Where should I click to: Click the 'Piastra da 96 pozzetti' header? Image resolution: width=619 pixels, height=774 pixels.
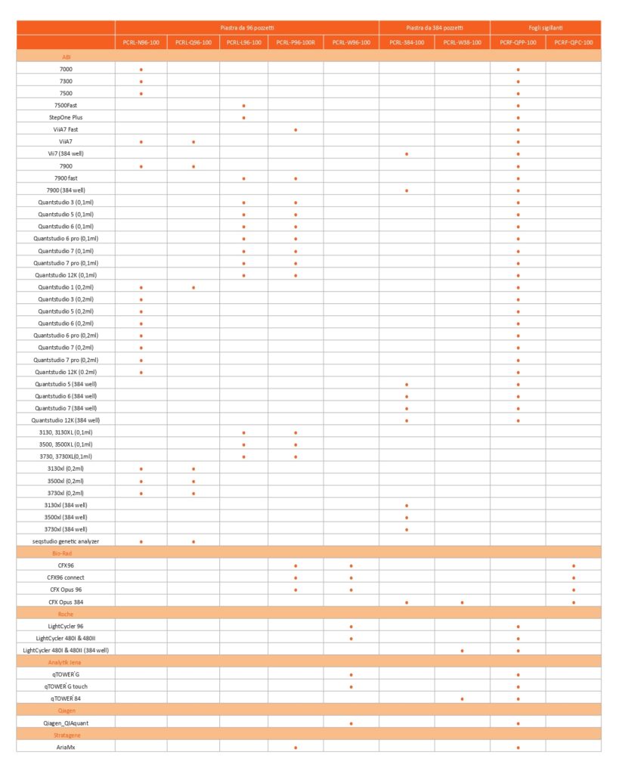coord(247,27)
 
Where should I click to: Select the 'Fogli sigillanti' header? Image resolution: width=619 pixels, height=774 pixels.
coord(546,27)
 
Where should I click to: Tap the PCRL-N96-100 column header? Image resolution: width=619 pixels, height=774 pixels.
coord(141,42)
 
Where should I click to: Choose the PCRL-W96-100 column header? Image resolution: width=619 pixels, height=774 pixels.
coord(351,42)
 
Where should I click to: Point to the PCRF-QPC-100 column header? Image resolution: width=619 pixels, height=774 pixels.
coord(573,42)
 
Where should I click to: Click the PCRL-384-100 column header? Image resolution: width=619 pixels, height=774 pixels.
coord(407,42)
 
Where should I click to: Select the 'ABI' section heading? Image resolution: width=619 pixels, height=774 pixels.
coord(66,57)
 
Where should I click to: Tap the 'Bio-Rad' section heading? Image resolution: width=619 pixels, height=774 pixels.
coord(66,553)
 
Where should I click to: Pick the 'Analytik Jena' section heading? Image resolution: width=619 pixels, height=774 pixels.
coord(66,662)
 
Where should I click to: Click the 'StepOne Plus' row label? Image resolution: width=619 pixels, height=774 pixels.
coord(66,117)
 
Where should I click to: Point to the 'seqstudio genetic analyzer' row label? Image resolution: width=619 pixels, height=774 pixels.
coord(66,541)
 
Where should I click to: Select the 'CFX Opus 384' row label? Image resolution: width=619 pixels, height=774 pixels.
coord(66,602)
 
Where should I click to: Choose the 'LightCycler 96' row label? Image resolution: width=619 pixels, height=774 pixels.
coord(66,626)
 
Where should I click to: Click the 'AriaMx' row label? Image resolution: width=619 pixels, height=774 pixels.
coord(66,747)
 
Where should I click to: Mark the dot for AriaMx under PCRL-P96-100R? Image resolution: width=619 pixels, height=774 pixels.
coord(296,748)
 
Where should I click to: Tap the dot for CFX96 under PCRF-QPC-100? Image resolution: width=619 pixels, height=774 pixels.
coord(574,565)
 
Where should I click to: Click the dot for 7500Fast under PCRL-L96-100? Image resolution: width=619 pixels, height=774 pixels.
coord(243,106)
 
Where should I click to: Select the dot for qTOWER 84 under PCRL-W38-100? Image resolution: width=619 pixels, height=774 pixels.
coord(462,699)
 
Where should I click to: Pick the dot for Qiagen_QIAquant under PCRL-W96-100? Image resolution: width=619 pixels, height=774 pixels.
coord(351,723)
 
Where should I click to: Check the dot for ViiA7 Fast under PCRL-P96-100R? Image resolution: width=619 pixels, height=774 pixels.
coord(296,130)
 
